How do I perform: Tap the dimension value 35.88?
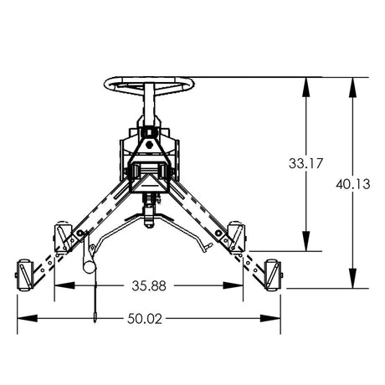point(147,285)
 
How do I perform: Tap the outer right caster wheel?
point(271,271)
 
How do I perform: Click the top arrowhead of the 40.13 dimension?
point(352,84)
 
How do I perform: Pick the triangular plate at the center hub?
point(150,177)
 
